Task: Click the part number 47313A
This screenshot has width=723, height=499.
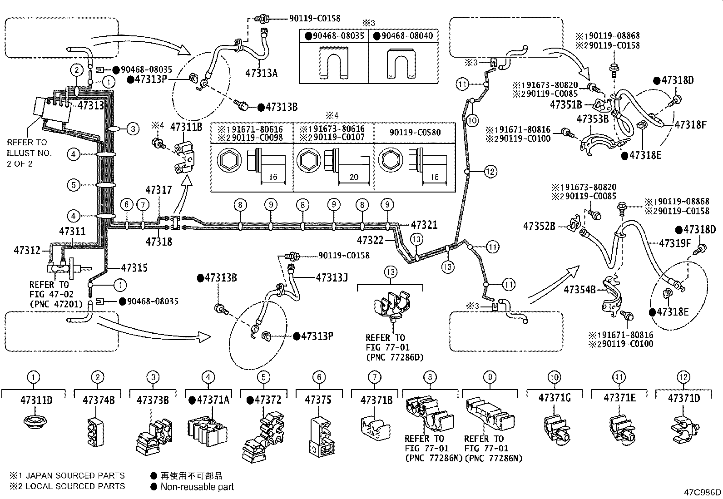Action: tap(261, 73)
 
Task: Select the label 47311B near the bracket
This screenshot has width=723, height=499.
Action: tap(186, 127)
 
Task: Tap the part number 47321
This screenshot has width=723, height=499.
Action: tap(424, 225)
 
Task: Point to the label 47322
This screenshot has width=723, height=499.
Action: tap(370, 240)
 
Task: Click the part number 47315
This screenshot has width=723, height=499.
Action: tap(134, 267)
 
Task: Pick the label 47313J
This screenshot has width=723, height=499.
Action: tap(332, 277)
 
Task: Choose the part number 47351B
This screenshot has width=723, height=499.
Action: tap(566, 104)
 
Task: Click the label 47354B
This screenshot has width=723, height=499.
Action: tap(579, 290)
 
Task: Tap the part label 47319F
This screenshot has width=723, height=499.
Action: tap(675, 243)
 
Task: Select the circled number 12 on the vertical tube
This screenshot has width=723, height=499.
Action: tap(490, 171)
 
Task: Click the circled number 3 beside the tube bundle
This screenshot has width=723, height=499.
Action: tap(133, 129)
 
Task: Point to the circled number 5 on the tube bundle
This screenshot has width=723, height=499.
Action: tap(74, 185)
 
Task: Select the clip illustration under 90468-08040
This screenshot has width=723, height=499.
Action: tap(401, 63)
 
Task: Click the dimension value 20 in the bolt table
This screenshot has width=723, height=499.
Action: tap(354, 177)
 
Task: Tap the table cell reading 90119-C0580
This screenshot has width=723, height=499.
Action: tap(415, 132)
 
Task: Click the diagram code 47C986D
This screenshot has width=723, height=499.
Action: tap(703, 492)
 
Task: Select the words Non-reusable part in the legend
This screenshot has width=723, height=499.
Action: tap(197, 487)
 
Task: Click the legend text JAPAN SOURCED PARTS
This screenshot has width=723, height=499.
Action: tap(75, 475)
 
